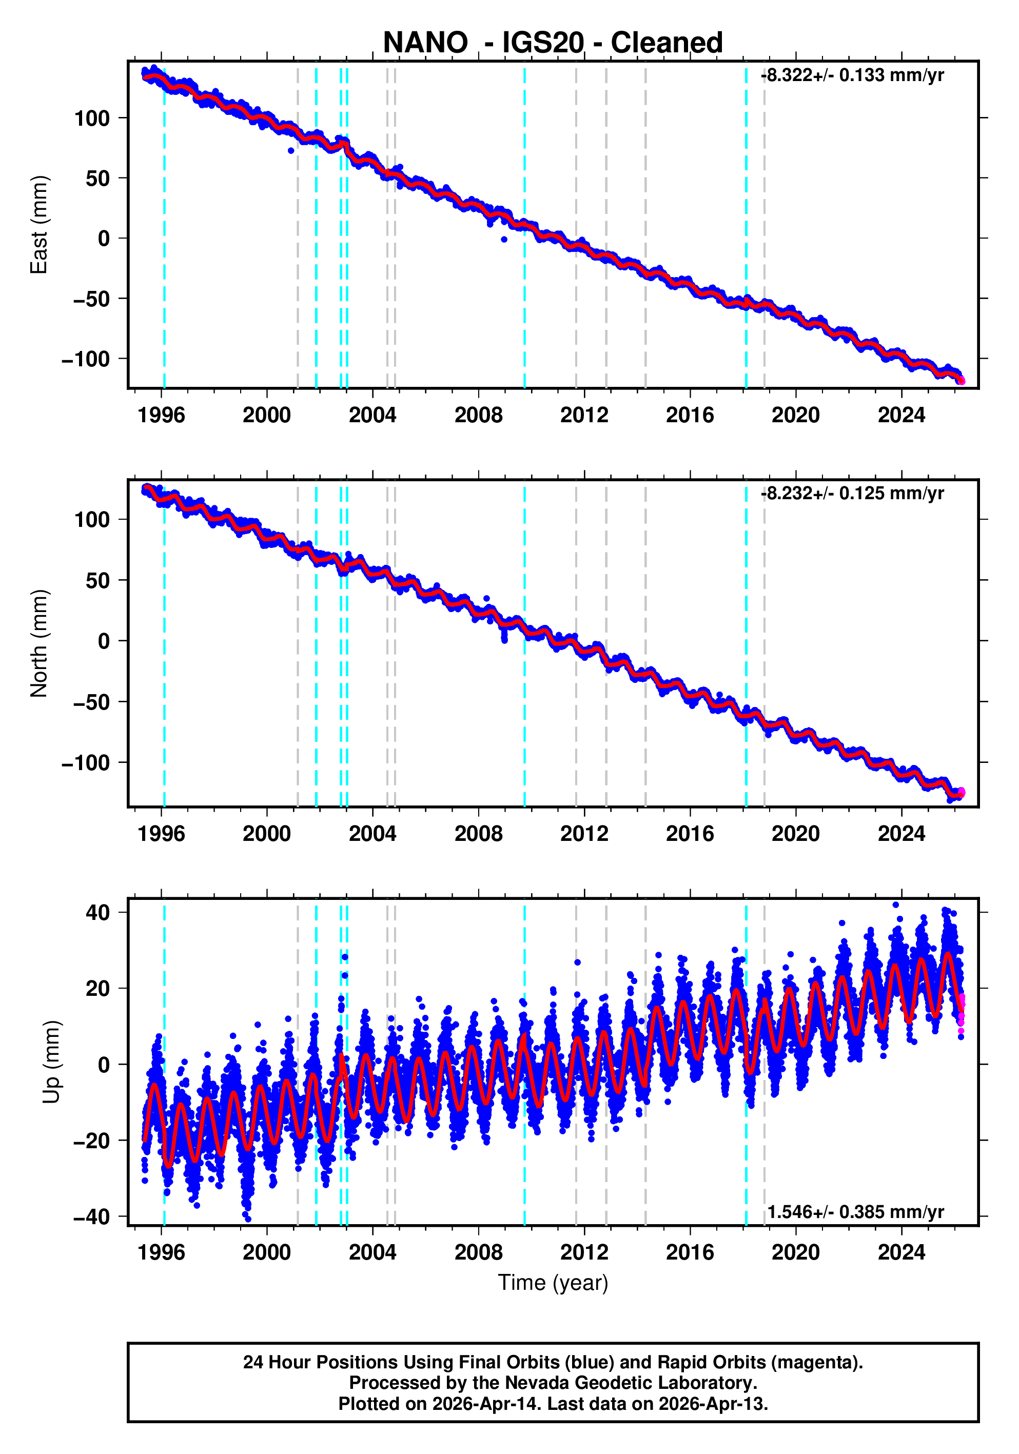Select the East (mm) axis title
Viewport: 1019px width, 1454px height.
pos(40,225)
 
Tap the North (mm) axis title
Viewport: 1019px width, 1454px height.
pos(40,643)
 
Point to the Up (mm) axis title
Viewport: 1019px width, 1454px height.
pos(52,1062)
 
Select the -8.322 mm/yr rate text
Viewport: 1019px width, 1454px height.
pos(852,75)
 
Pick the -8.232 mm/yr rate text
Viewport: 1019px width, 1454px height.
pos(852,494)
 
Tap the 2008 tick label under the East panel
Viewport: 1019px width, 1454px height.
pos(478,416)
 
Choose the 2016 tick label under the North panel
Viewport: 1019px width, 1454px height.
pos(690,834)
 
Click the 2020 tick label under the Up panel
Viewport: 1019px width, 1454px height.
pos(795,1252)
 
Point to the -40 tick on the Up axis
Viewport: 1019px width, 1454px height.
pos(91,1216)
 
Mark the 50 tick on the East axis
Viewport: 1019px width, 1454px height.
pos(97,179)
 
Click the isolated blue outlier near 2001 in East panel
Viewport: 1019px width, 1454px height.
pos(291,151)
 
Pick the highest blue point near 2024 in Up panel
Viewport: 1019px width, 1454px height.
pos(895,905)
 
